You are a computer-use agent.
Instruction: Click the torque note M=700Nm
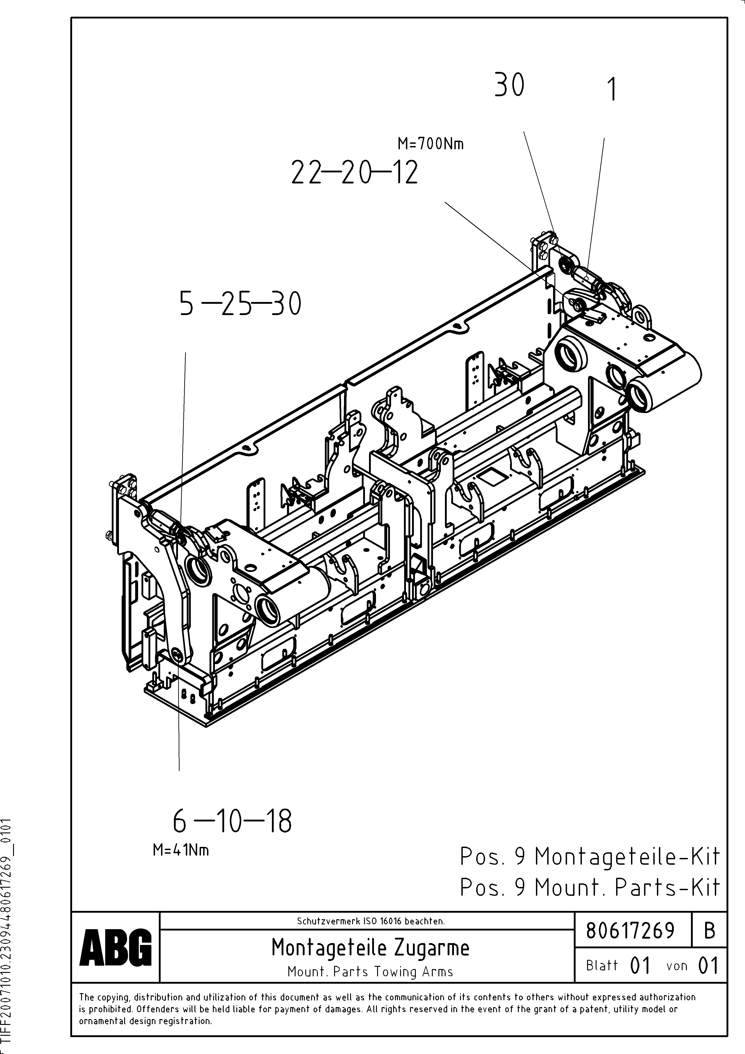coord(430,144)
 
